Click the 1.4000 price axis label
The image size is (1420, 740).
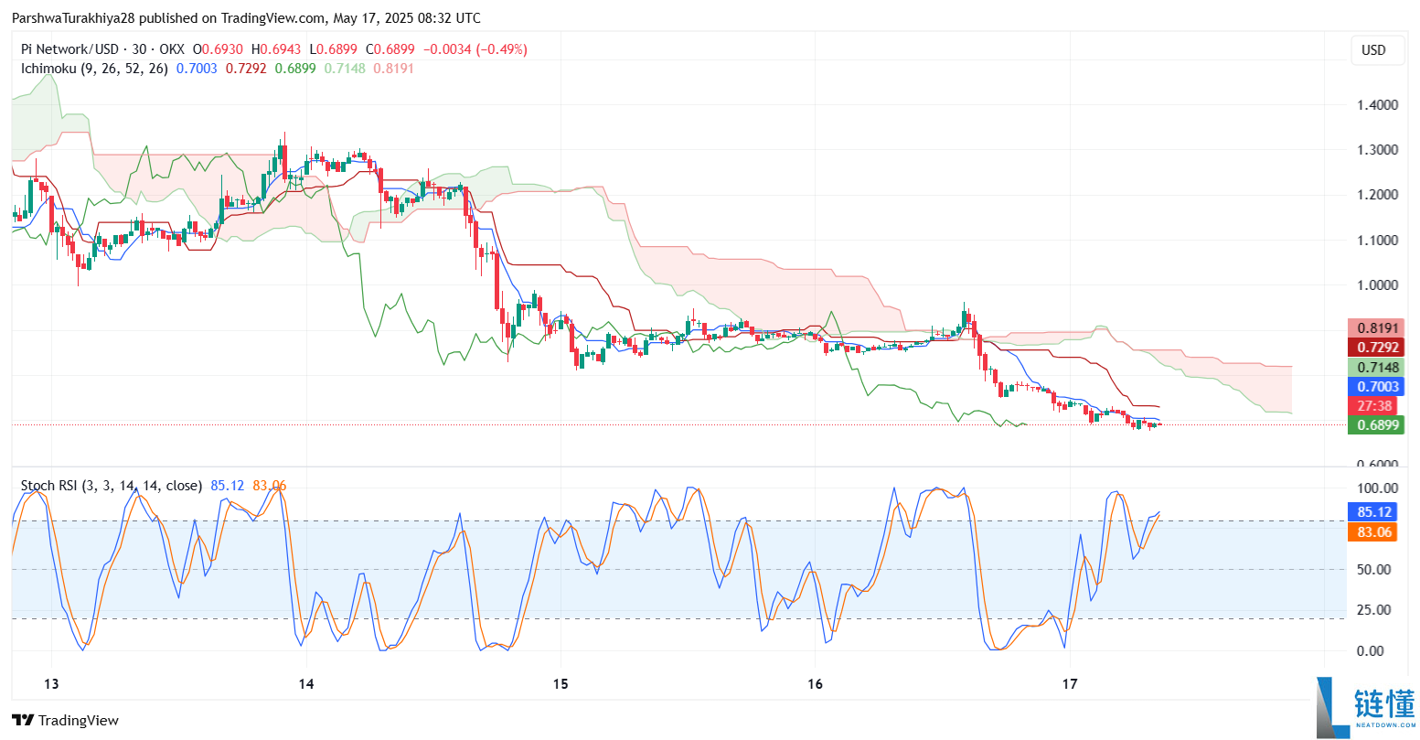coord(1377,104)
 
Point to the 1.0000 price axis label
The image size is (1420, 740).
coord(1377,284)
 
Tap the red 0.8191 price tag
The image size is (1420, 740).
coord(1374,328)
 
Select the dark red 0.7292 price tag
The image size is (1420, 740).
coord(1374,348)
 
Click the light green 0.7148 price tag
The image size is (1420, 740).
coord(1374,368)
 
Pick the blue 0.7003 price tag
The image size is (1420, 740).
coord(1374,387)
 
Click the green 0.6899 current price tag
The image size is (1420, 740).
coord(1374,424)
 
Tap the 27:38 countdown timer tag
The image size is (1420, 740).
coord(1374,406)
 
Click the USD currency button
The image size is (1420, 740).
coord(1373,50)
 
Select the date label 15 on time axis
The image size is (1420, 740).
coord(561,684)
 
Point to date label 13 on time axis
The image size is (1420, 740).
coord(51,684)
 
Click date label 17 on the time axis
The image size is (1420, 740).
coord(1071,684)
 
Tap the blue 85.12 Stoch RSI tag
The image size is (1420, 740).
coord(1374,512)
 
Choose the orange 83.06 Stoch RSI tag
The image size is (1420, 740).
coord(1374,531)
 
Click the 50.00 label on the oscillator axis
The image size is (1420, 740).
coord(1374,569)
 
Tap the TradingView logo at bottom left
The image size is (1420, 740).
coord(66,721)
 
